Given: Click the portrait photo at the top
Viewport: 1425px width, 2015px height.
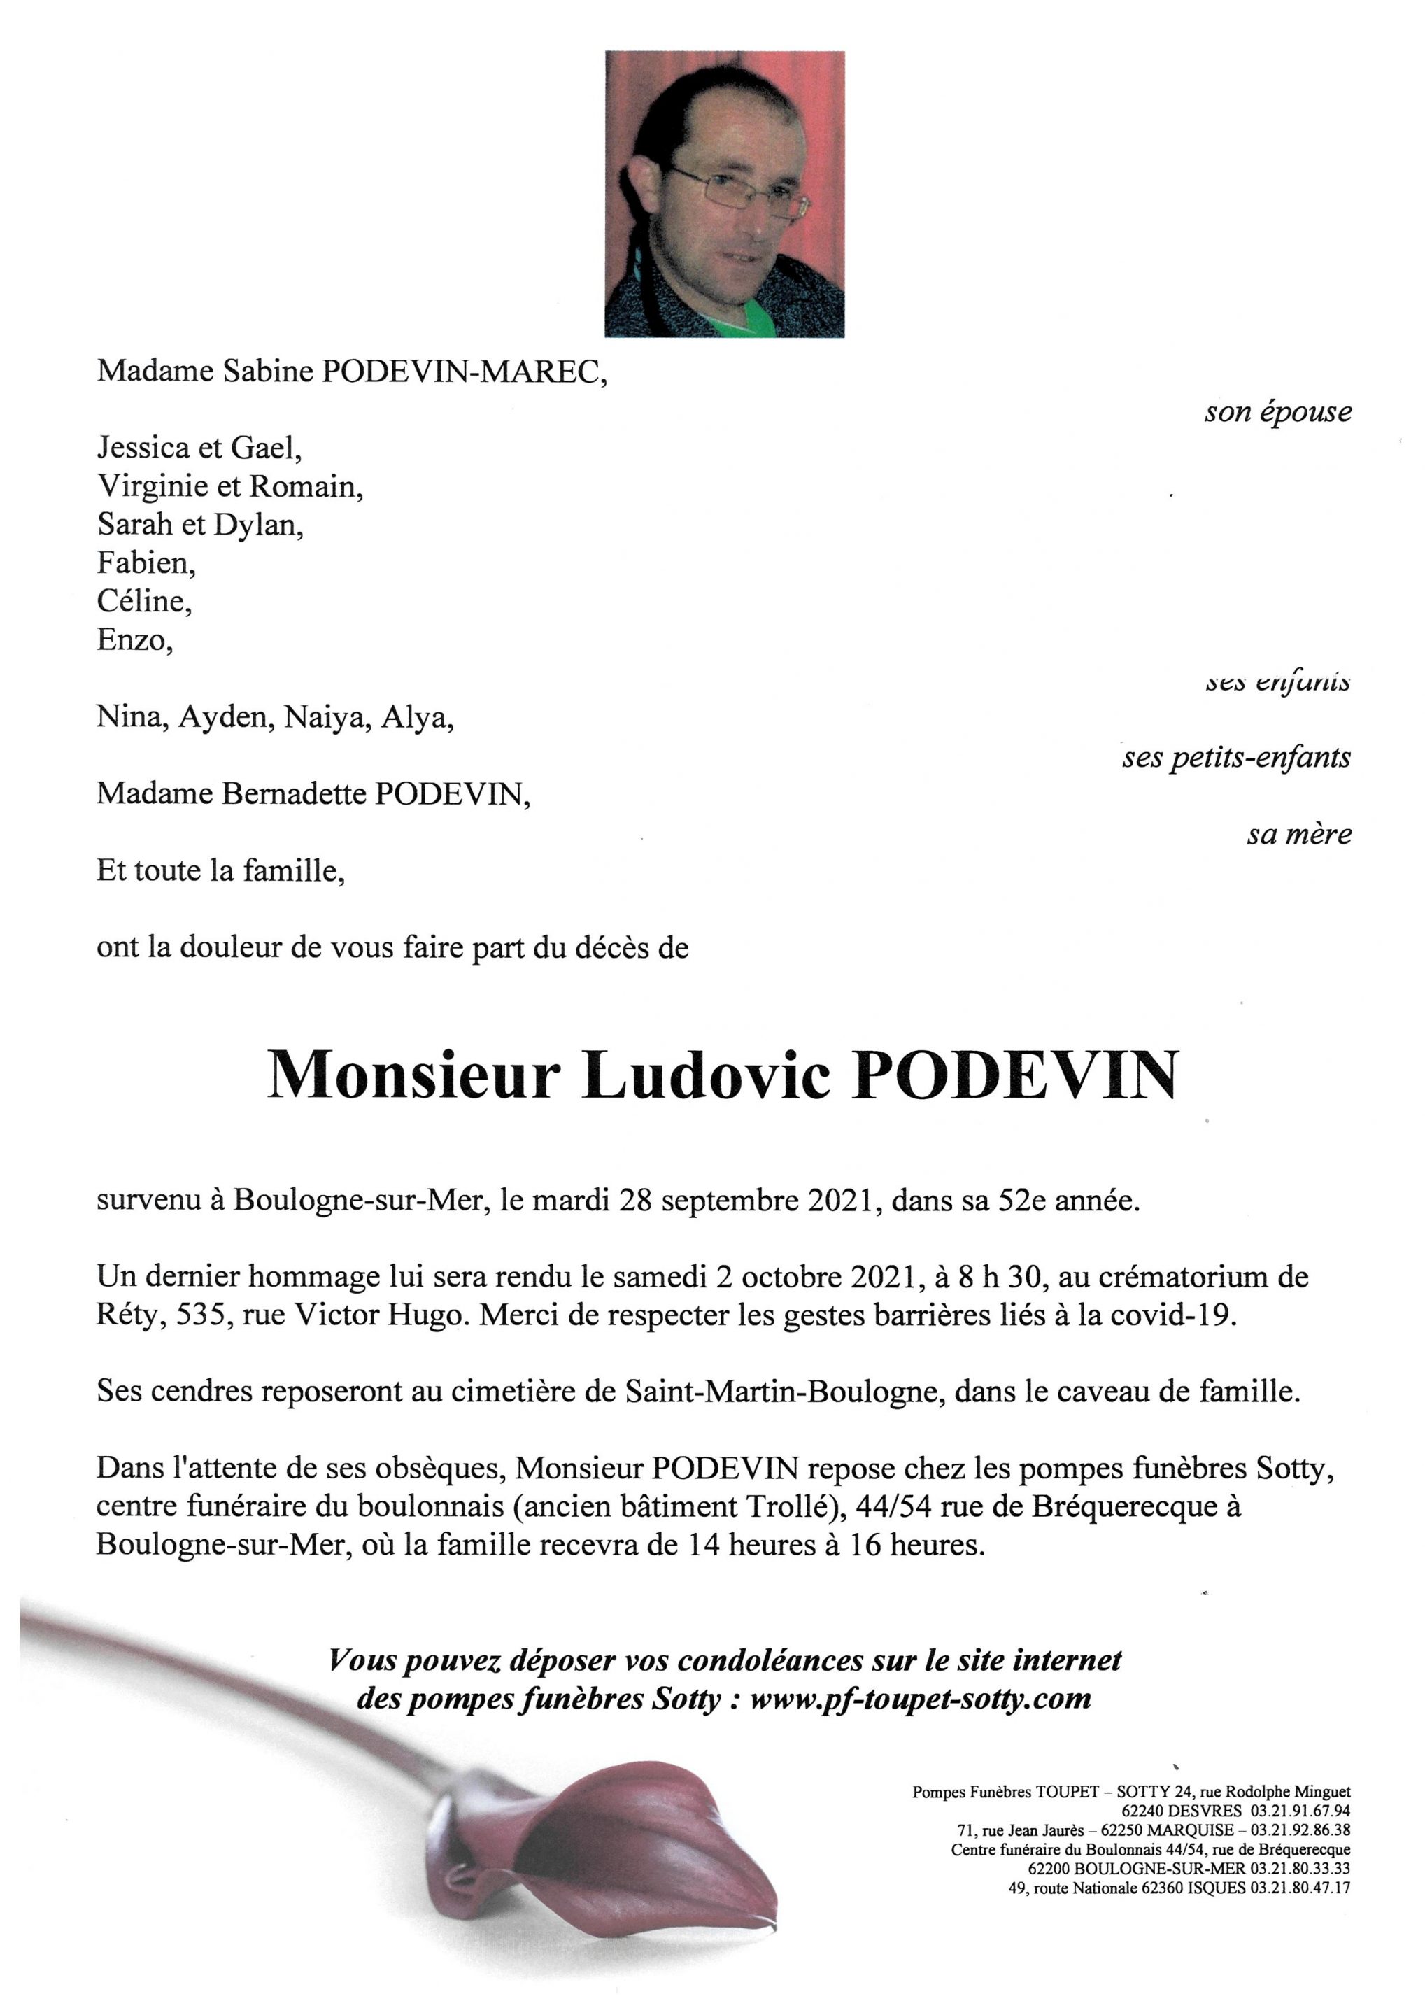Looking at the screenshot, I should coord(724,193).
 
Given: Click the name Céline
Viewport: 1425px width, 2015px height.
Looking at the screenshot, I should coord(144,601).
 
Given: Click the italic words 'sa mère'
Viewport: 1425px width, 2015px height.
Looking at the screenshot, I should coord(1298,834).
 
